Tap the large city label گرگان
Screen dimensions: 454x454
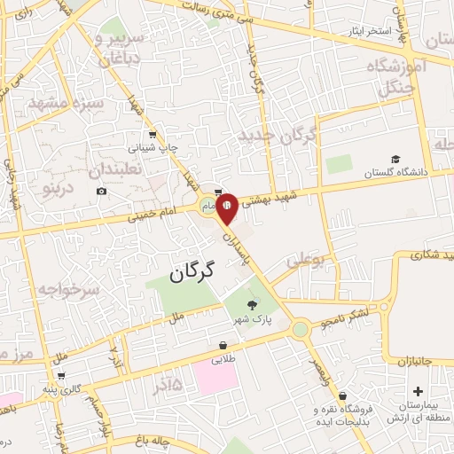pos(191,272)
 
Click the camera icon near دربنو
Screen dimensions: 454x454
pos(102,192)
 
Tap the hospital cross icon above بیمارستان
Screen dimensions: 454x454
pos(418,390)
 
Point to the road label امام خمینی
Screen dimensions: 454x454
pos(143,213)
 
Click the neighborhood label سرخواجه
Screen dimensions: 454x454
pos(65,290)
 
